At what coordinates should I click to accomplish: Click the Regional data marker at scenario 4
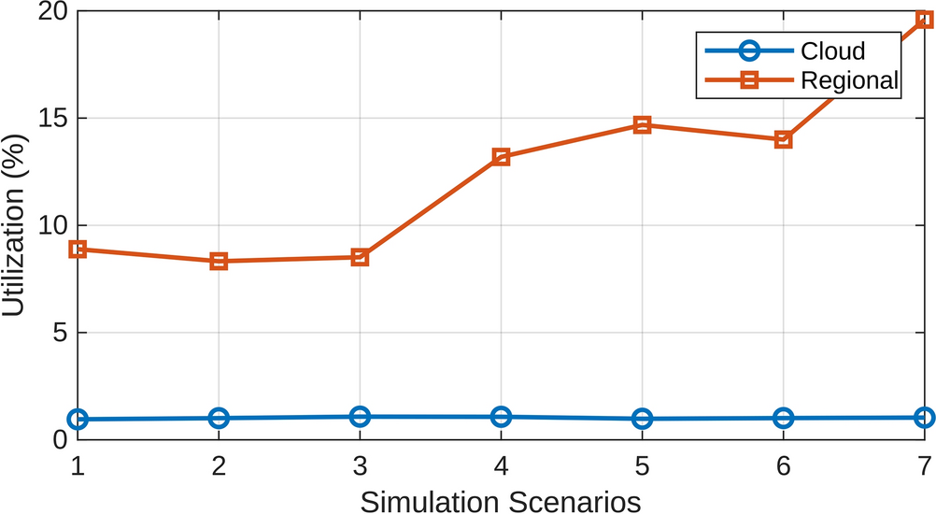click(501, 157)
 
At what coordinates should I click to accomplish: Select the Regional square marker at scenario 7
click(924, 19)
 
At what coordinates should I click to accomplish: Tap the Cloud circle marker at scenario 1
click(78, 420)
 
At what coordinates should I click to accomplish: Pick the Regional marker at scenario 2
click(219, 262)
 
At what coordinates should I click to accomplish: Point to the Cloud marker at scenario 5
click(642, 419)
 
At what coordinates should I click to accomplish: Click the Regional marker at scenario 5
click(642, 125)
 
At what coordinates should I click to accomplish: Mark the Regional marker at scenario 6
click(783, 139)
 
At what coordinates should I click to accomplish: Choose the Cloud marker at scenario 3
click(360, 417)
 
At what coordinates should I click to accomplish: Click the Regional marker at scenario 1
click(78, 250)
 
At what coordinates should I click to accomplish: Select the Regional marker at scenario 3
click(360, 257)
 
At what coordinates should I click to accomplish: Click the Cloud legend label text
click(833, 51)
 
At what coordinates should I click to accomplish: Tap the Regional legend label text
click(849, 81)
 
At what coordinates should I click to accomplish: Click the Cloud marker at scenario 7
click(924, 418)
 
